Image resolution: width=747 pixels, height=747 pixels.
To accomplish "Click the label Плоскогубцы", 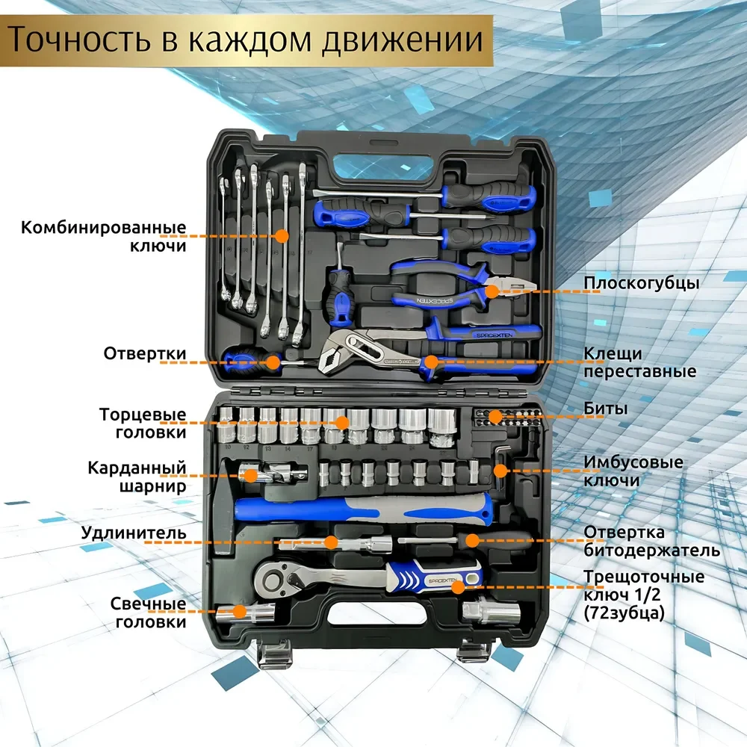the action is coord(641,284).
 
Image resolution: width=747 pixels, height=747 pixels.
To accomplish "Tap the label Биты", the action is coord(605,409).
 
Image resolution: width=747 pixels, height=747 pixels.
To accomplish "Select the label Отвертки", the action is coord(145,353).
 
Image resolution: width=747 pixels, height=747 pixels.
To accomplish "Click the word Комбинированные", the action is coord(103,226).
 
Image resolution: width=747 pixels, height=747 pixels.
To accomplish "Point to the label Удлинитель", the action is coord(133,533).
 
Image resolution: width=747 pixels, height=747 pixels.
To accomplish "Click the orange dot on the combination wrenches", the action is coord(282,235).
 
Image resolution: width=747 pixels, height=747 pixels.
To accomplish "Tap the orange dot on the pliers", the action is coord(492,291).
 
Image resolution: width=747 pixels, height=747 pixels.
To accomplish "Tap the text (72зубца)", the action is coord(623,613).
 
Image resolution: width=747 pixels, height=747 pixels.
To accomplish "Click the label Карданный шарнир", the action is coord(136,477).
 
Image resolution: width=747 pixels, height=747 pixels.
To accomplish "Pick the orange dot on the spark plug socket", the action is coord(240,611).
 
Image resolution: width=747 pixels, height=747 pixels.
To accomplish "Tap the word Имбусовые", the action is coord(633,462).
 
